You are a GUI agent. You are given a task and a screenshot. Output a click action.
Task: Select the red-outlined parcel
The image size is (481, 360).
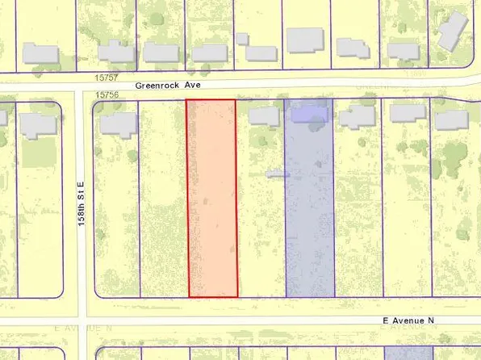tap(212, 198)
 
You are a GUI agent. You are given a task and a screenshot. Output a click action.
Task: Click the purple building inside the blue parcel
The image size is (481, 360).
tap(309, 115)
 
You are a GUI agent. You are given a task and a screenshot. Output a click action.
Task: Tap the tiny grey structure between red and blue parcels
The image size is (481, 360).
tap(277, 173)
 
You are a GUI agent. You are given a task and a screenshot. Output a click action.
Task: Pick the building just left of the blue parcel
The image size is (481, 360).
tap(264, 116)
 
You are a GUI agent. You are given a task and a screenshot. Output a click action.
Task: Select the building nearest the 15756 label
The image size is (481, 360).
tap(119, 123)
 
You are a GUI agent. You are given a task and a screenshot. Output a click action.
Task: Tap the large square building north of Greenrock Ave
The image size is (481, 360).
tap(304, 40)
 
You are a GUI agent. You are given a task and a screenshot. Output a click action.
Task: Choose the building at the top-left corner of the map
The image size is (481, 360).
tap(40, 54)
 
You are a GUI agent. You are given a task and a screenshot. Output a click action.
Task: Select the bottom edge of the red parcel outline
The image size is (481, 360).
tap(213, 296)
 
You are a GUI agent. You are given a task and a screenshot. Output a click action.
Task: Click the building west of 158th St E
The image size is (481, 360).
tap(36, 125)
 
